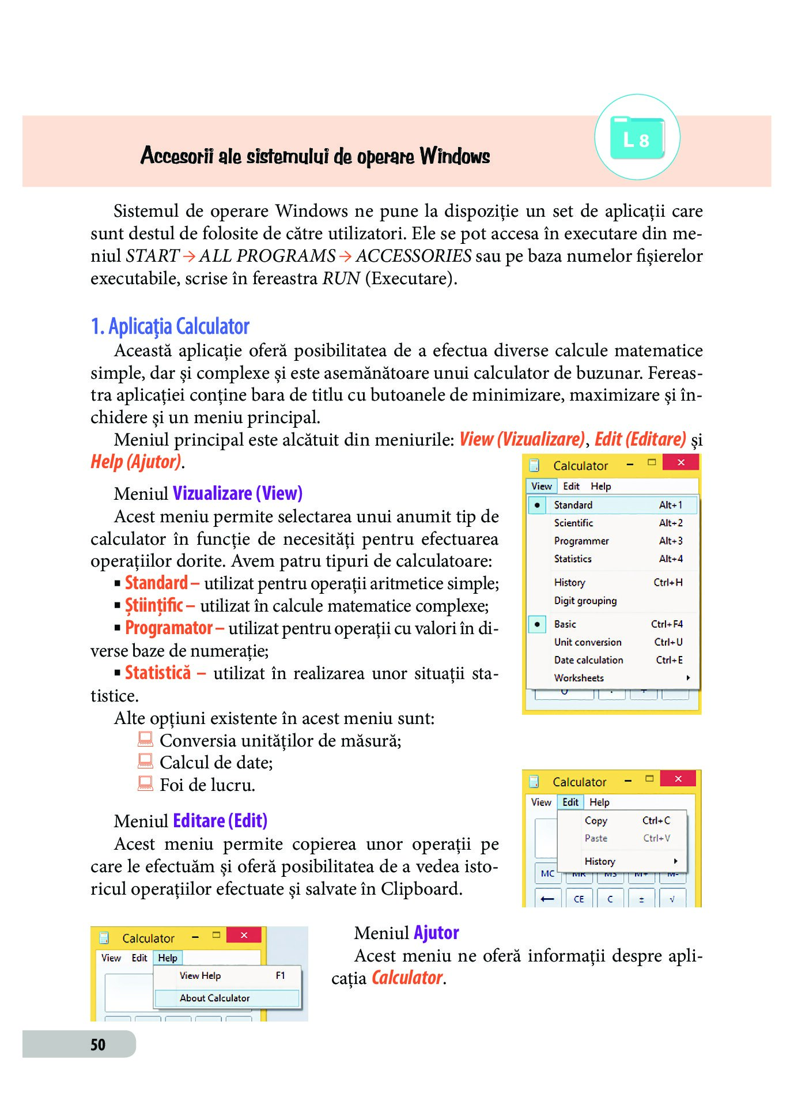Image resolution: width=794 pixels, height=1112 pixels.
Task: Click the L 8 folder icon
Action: click(637, 138)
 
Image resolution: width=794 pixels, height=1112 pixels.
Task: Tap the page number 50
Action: click(98, 1045)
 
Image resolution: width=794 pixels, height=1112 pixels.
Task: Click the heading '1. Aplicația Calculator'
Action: click(170, 327)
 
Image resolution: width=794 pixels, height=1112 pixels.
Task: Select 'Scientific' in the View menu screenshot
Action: click(573, 523)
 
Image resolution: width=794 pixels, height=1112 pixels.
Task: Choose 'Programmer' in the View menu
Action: click(581, 541)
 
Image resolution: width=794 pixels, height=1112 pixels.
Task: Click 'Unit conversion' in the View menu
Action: click(588, 642)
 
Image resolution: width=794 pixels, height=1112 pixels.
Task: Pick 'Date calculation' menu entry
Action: click(588, 660)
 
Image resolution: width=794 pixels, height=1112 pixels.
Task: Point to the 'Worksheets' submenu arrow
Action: click(688, 678)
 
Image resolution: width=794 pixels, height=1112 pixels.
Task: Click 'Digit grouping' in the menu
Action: click(585, 601)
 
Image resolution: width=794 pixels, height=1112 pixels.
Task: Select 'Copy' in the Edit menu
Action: click(596, 820)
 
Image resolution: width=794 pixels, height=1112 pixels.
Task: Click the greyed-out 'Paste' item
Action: click(596, 838)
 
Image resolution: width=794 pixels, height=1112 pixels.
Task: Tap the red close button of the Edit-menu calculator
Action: click(678, 779)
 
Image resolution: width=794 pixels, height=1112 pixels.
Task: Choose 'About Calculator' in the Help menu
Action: click(214, 998)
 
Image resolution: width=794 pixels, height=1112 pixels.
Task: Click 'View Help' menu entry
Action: click(200, 975)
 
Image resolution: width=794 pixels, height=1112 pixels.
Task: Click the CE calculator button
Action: click(579, 899)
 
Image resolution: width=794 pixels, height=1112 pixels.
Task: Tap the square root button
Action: click(672, 899)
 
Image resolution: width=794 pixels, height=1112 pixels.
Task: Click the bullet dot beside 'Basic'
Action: click(537, 624)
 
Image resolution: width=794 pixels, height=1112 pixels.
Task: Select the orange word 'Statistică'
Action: click(158, 673)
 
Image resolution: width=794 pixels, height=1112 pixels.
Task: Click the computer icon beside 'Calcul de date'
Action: click(145, 762)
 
